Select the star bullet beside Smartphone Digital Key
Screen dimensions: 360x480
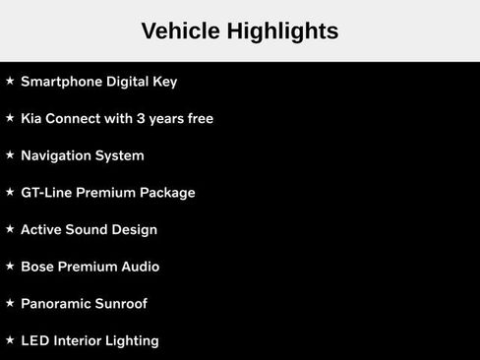click(x=10, y=81)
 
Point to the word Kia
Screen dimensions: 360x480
click(x=32, y=119)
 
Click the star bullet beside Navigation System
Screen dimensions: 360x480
click(x=10, y=155)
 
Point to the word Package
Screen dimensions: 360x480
click(x=167, y=193)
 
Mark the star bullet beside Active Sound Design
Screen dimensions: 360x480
click(x=10, y=229)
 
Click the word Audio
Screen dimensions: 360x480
click(x=140, y=267)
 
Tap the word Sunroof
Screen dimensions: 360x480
click(x=121, y=304)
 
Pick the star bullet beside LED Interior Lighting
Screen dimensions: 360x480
click(x=10, y=340)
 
